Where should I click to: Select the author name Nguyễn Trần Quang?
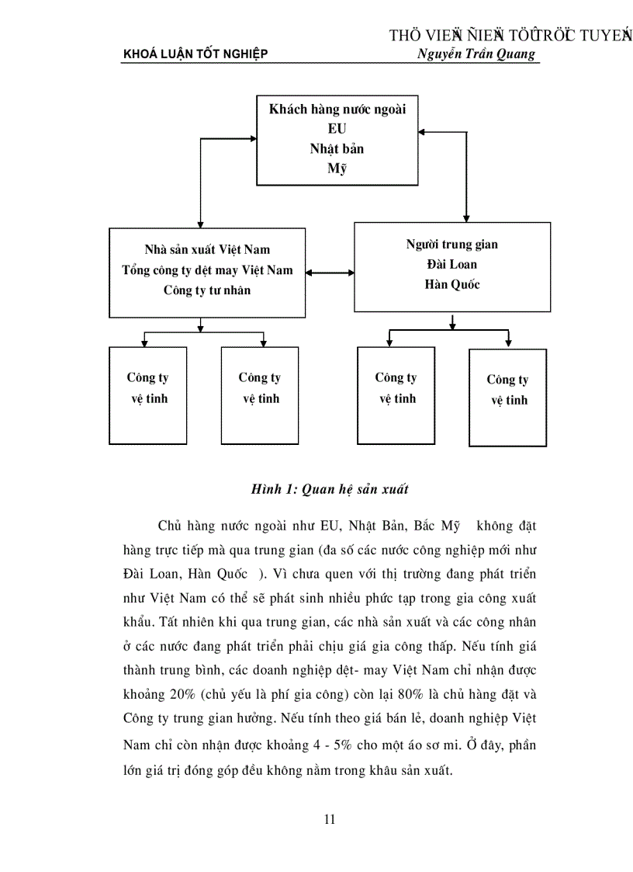pos(476,54)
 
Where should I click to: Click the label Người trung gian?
pos(452,245)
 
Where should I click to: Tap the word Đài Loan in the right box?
pos(452,265)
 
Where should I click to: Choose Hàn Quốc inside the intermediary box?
pos(452,284)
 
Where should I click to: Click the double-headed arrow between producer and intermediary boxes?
pos(330,273)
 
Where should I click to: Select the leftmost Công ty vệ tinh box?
pos(147,395)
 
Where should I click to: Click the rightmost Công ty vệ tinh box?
pos(507,397)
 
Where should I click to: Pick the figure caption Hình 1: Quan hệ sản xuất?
pos(330,489)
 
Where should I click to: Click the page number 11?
pos(330,819)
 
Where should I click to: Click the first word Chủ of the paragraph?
pos(171,526)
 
